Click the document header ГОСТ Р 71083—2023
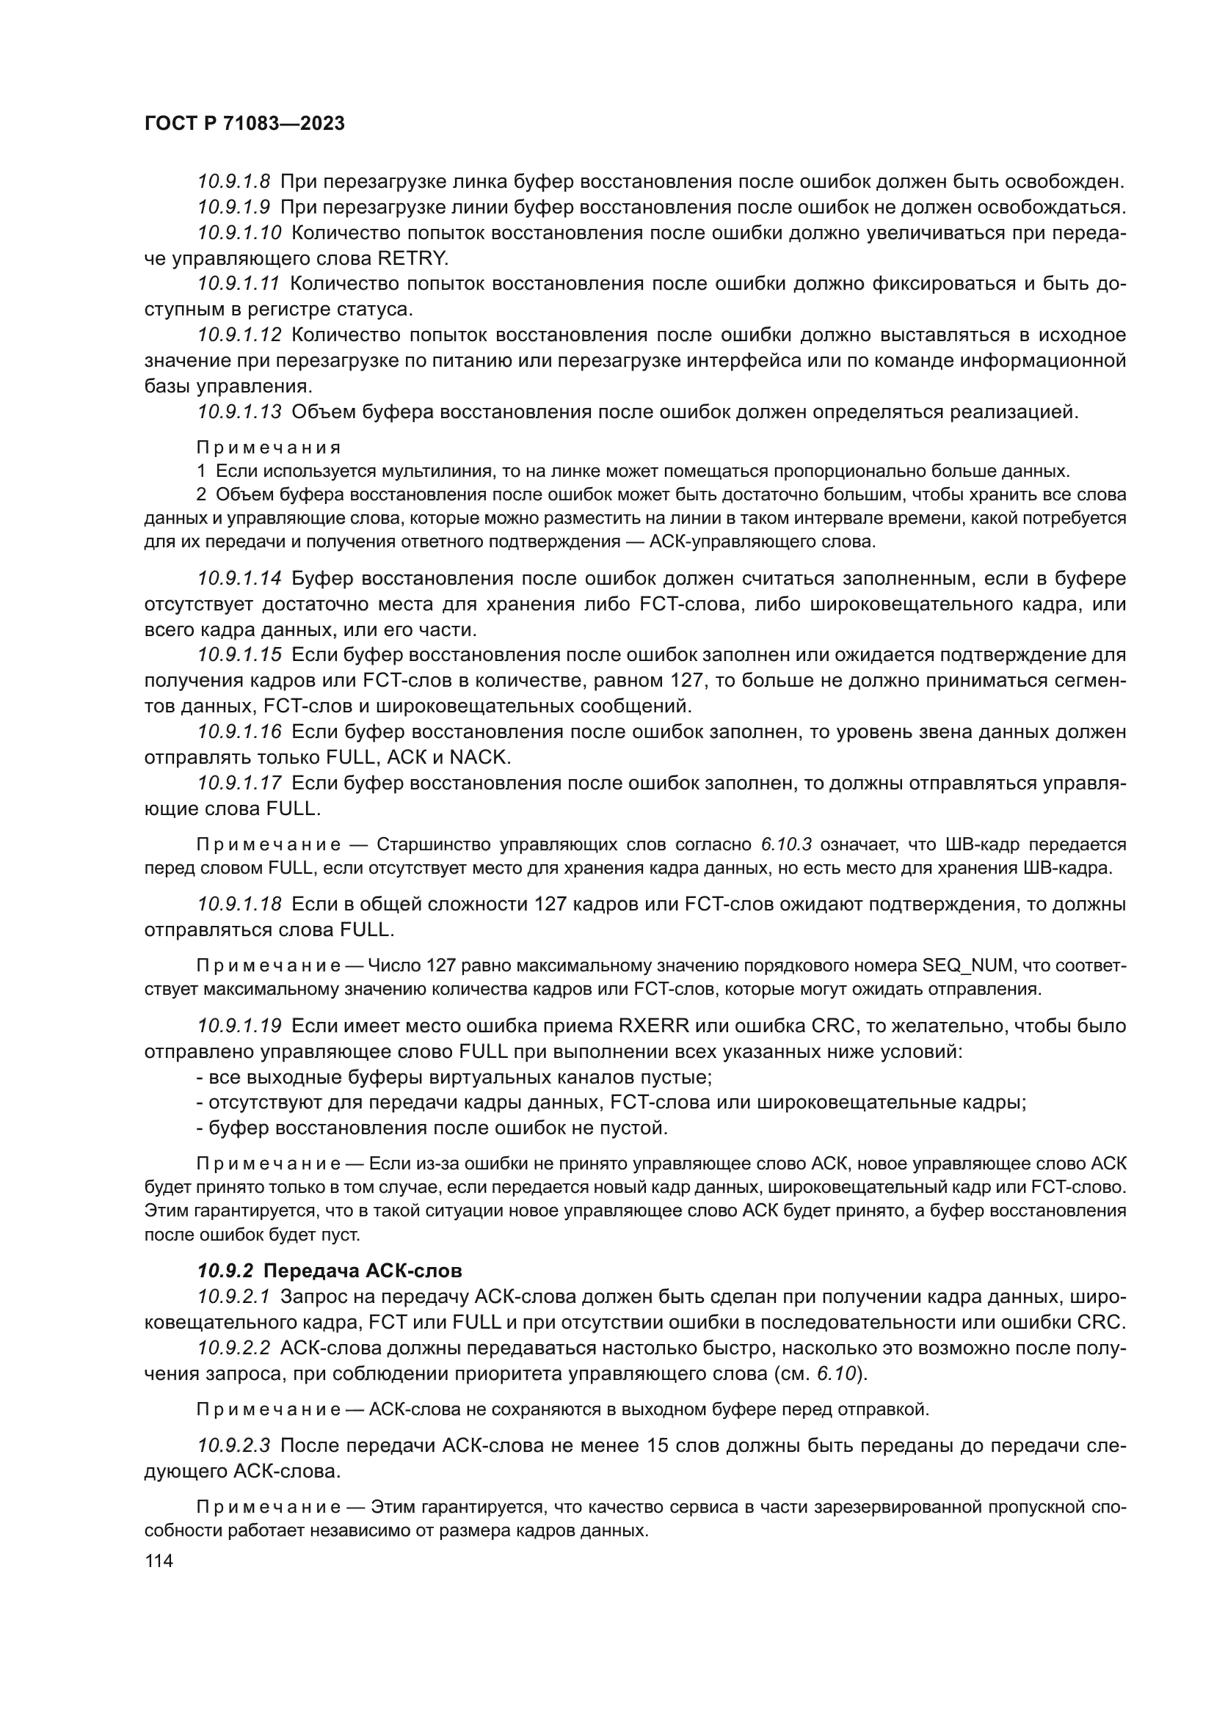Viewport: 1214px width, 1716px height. tap(244, 123)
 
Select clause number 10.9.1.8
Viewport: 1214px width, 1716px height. tap(234, 182)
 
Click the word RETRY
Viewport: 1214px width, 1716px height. tap(412, 258)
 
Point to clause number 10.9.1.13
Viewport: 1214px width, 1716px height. tap(239, 411)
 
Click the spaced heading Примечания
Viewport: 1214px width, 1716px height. tap(269, 448)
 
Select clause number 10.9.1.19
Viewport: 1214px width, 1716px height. tap(239, 1026)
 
